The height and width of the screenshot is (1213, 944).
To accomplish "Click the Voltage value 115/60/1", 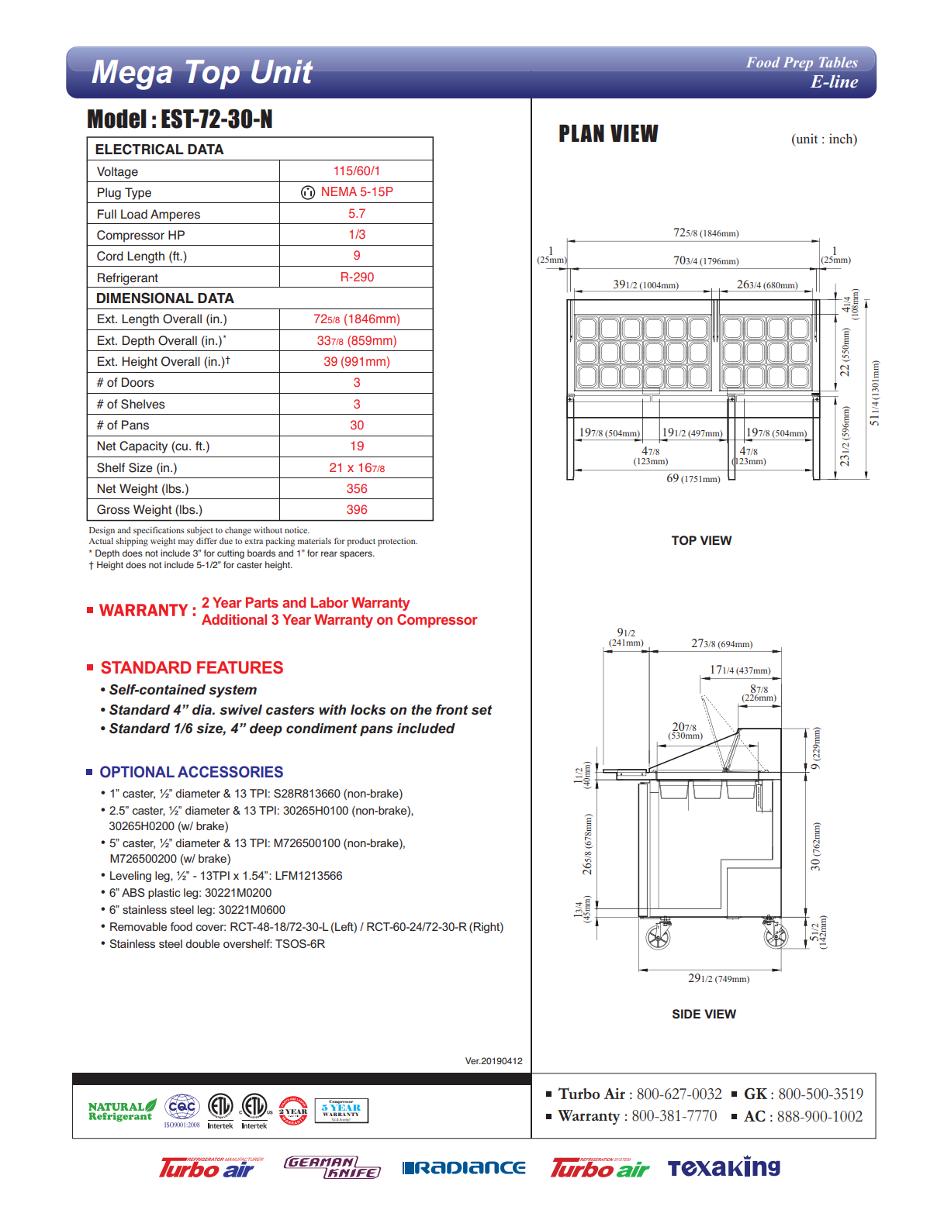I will [x=356, y=171].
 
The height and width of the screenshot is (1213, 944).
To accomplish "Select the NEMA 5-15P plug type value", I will [x=356, y=192].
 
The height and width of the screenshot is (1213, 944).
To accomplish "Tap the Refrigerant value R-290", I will [x=356, y=277].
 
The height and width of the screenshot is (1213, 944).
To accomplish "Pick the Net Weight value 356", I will [x=356, y=489].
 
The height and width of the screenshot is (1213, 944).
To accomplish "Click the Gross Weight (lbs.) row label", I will [x=149, y=510].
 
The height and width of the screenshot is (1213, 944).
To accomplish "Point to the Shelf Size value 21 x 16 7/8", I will [x=356, y=468].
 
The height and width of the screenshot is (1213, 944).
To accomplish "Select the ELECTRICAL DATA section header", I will [x=159, y=150].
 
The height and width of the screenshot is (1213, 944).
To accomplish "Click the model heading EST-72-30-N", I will [x=180, y=119].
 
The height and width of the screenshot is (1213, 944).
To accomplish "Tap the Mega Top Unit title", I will [x=202, y=73].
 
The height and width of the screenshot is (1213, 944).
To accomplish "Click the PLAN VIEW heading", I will [x=608, y=135].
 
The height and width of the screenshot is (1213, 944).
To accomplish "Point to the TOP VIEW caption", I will [x=701, y=541].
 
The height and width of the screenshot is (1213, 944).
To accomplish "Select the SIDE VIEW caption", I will [x=704, y=1015].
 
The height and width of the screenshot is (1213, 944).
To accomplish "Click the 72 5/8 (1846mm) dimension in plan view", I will [x=705, y=233].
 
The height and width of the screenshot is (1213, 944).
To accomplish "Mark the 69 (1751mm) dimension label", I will [x=693, y=479].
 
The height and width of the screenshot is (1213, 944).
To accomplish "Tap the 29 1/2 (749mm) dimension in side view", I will [x=718, y=979].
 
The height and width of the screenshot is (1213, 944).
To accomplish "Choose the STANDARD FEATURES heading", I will [x=192, y=668].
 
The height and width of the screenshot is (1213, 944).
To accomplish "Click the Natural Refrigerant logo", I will [x=121, y=1111].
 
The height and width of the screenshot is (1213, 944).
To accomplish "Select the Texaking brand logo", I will [x=724, y=1167].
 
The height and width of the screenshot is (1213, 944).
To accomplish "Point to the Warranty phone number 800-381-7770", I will [x=673, y=1116].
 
